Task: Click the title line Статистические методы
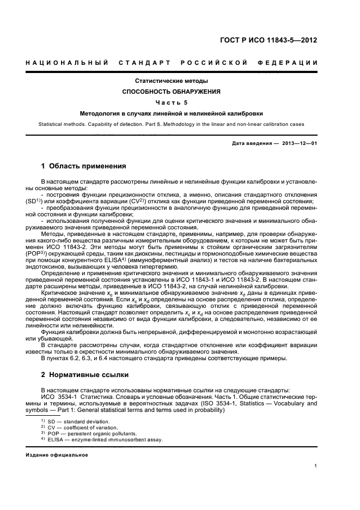[172, 81]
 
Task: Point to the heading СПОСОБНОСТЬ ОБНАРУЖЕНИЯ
[172, 92]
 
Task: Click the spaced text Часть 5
[172, 102]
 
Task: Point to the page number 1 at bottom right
[316, 465]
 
